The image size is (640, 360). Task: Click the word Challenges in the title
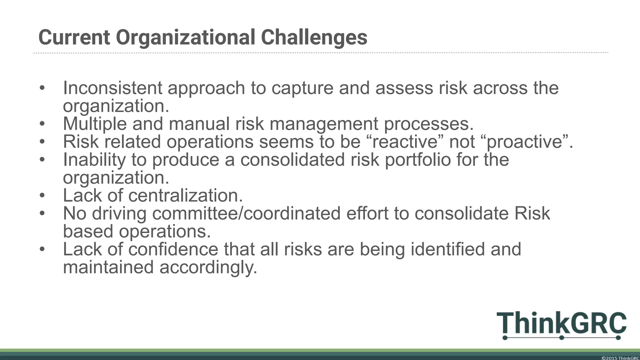click(x=314, y=37)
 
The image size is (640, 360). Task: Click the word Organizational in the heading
click(x=185, y=37)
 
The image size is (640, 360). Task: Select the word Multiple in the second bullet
click(x=95, y=124)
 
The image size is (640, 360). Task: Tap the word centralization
click(x=185, y=196)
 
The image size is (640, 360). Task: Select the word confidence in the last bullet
click(x=173, y=249)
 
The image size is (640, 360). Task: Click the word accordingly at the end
click(x=208, y=267)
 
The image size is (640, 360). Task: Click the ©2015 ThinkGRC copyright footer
click(x=620, y=358)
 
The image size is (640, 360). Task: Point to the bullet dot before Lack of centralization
click(x=42, y=196)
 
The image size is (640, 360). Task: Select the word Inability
click(x=94, y=160)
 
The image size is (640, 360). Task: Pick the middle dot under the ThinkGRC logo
click(x=561, y=338)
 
